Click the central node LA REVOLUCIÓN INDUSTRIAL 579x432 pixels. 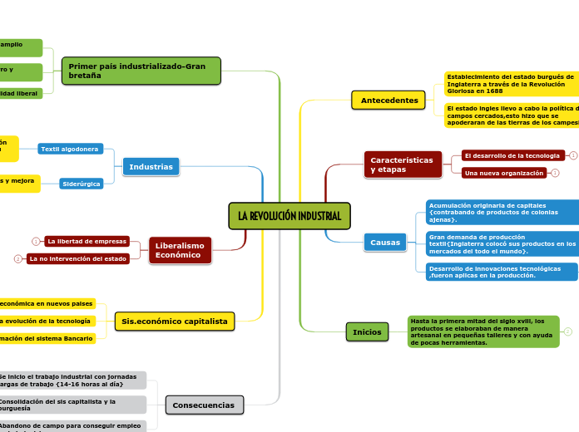point(289,216)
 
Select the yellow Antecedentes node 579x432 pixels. point(388,101)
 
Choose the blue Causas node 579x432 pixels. point(385,243)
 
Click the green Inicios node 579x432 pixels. point(367,332)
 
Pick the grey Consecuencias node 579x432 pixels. point(204,405)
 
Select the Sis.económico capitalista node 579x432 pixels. point(174,321)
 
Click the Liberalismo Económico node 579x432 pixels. point(180,250)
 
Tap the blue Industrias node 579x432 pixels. point(151,167)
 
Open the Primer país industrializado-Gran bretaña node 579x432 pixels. point(141,71)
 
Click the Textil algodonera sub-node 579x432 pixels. point(70,149)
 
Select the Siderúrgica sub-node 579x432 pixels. point(82,184)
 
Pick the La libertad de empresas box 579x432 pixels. point(87,241)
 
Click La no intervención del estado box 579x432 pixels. point(78,259)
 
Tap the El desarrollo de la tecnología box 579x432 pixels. point(512,155)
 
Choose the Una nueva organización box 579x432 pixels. point(504,173)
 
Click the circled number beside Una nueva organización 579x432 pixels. point(555,173)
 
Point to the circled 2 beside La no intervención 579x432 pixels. point(17,259)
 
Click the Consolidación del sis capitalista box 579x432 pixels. point(72,405)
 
